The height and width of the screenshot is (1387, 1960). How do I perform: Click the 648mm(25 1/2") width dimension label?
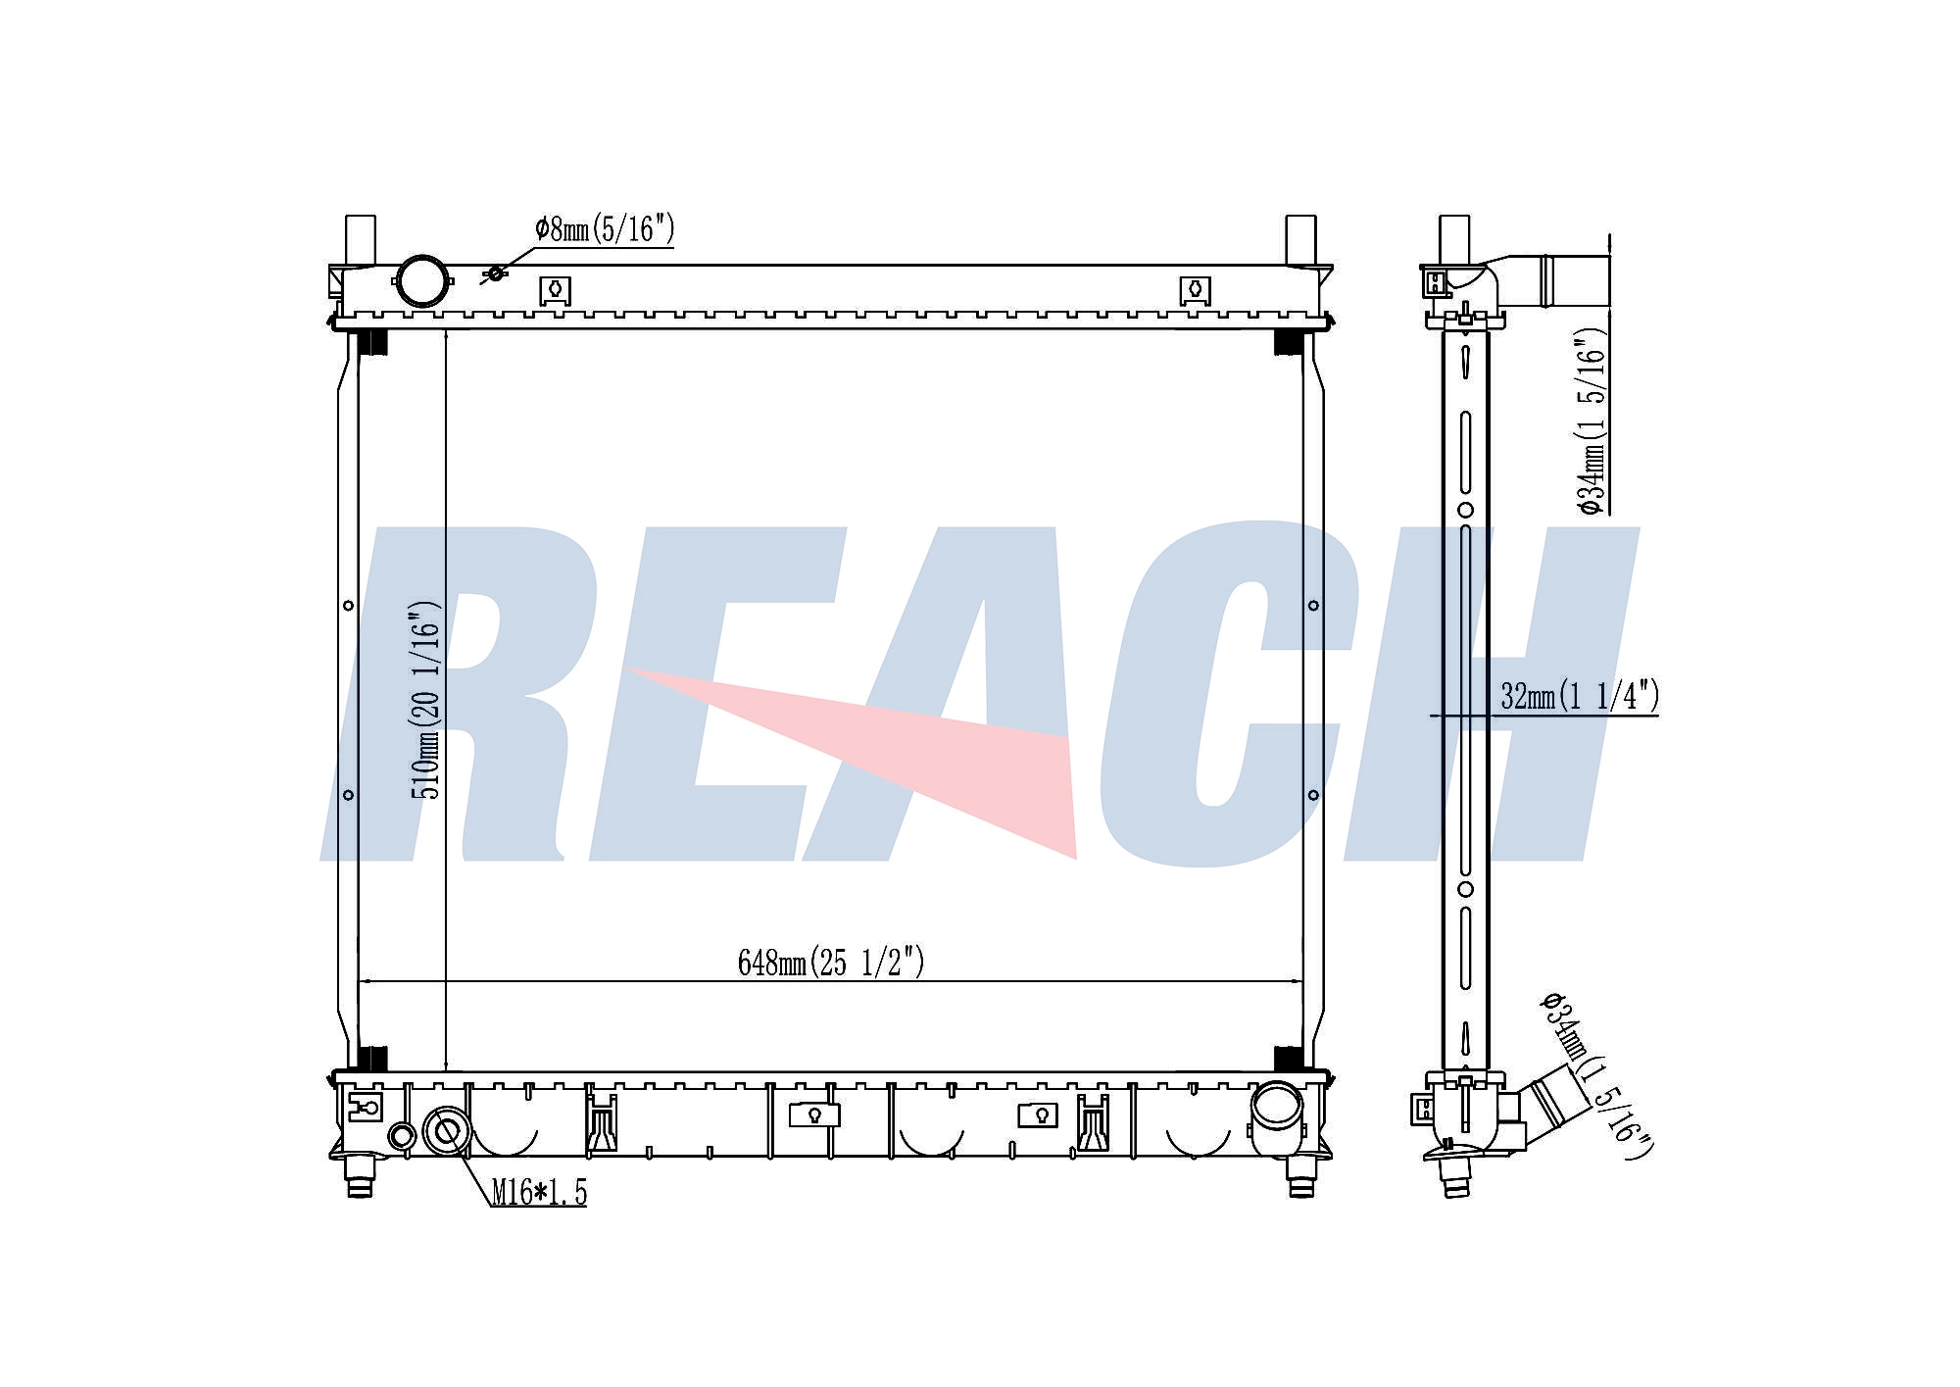coord(831,963)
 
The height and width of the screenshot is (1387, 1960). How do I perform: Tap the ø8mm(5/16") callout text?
coord(605,229)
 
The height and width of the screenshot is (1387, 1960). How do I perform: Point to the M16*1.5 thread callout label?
coord(539,1193)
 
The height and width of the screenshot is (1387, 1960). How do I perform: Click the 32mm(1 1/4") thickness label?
coord(1580,696)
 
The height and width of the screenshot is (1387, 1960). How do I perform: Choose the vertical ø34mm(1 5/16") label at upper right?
coord(1591,421)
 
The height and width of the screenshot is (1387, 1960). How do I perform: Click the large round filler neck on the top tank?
coord(421,281)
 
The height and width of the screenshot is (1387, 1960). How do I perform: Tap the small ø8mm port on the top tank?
coord(496,272)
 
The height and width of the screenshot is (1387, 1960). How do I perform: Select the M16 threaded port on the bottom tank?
coord(446,1132)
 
